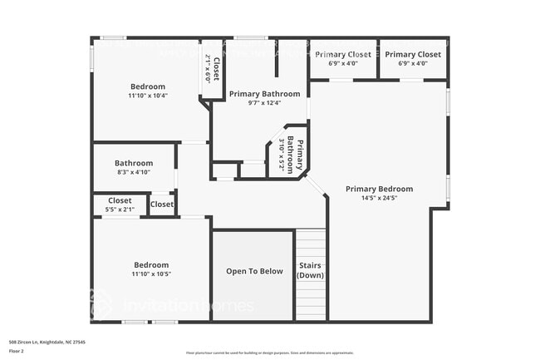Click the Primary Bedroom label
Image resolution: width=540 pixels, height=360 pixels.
pos(379,189)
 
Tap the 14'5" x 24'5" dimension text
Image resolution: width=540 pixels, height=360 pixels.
pos(379,198)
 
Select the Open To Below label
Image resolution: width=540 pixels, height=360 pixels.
pos(254,271)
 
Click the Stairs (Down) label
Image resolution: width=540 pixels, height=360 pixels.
pos(311,271)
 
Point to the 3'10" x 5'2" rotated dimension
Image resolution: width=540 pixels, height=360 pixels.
pos(282,155)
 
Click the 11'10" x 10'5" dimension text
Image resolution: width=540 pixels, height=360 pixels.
pos(151,274)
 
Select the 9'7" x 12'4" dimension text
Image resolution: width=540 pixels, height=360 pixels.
pos(264,103)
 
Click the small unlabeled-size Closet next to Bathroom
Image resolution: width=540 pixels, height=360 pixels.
pos(162,205)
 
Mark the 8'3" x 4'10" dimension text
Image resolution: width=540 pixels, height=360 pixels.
pos(134,172)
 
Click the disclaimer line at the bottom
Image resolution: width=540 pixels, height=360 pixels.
pos(270,353)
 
